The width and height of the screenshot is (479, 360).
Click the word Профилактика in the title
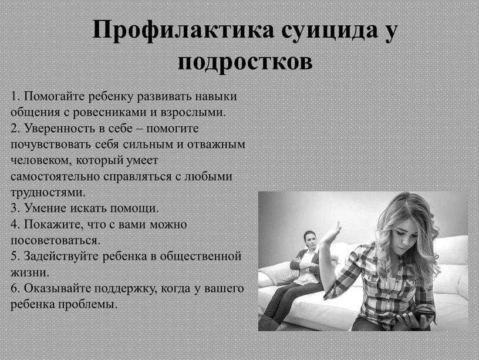(x=183, y=31)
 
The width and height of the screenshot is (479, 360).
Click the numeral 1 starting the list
(x=14, y=96)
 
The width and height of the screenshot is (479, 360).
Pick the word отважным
(x=216, y=144)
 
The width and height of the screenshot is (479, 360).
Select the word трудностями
(x=48, y=193)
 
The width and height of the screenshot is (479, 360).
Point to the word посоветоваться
(x=55, y=241)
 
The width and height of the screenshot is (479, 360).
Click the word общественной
(x=201, y=257)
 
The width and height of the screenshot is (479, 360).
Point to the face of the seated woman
(x=310, y=241)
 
